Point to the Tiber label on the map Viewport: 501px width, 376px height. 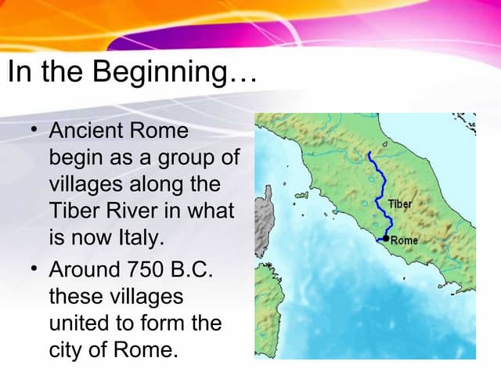coord(399,204)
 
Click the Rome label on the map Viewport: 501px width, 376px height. coord(404,240)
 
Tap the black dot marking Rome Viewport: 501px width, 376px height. coord(386,238)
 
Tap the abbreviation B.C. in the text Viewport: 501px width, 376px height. coord(196,270)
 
